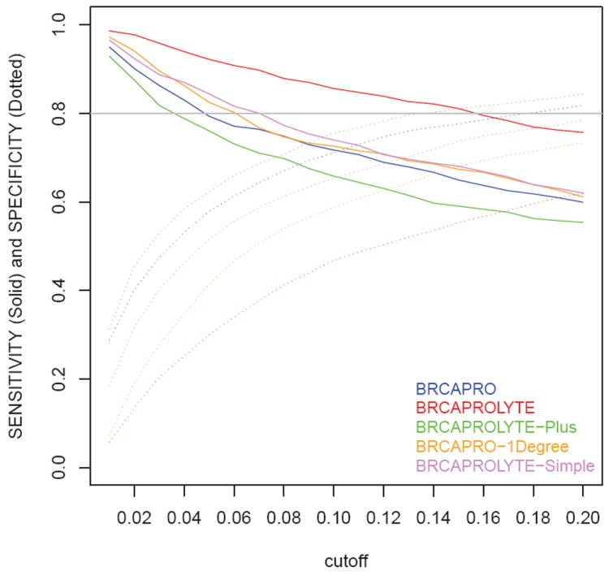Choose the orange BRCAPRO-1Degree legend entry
(492, 446)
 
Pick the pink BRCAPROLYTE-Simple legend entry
(504, 465)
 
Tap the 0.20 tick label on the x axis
(583, 516)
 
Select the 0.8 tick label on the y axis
(58, 114)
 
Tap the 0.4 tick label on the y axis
(58, 291)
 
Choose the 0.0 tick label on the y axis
(58, 468)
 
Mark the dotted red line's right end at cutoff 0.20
(583, 326)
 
